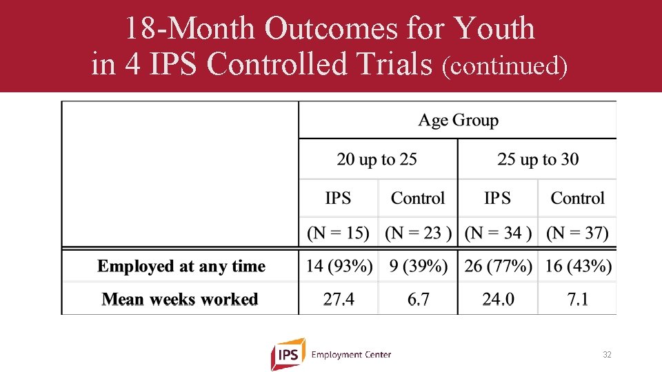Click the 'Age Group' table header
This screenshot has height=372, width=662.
point(458,121)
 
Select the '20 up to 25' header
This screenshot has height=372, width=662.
point(377,160)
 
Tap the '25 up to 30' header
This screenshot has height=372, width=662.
point(538,160)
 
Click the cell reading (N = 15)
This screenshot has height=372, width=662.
point(338,233)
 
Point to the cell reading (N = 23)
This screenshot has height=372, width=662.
point(418,233)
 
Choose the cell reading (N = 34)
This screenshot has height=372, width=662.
point(498,233)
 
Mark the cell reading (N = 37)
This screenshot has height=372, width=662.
point(578,233)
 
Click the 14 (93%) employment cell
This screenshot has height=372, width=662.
point(339,266)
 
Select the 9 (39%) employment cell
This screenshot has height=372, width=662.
point(418,266)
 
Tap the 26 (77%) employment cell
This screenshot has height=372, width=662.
point(498,266)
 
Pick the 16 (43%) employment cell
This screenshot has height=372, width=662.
point(578,266)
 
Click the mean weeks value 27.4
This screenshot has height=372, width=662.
point(339,300)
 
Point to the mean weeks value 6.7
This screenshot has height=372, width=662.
point(418,300)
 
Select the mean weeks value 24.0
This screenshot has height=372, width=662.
point(498,300)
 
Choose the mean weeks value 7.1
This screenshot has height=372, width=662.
point(578,300)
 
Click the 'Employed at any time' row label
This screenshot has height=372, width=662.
point(181,267)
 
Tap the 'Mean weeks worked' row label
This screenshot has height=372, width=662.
point(180,300)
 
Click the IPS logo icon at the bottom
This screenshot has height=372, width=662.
point(288,354)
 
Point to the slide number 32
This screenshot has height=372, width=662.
point(607,355)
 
